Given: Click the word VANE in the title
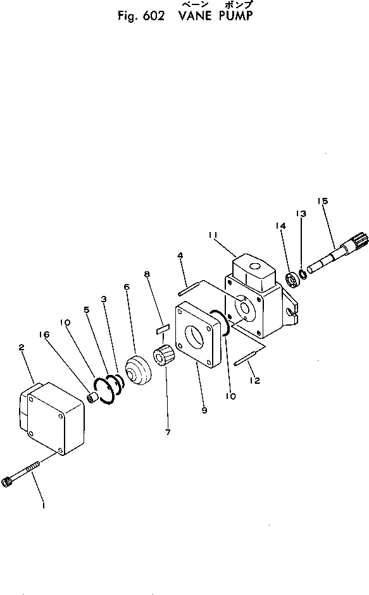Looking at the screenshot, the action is (x=194, y=16).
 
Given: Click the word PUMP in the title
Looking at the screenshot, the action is (x=236, y=16).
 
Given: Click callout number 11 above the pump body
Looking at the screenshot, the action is (x=213, y=235).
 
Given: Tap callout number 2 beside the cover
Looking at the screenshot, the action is (x=22, y=347).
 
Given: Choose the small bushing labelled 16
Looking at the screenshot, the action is (x=93, y=398).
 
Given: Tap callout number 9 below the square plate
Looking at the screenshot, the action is (x=204, y=410).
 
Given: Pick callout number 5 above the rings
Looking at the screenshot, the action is (x=87, y=310).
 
